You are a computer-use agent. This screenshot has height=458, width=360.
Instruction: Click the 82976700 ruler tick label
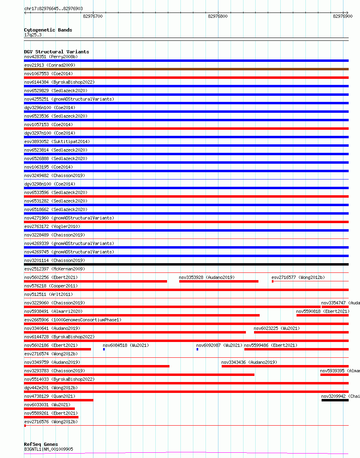point(93,16)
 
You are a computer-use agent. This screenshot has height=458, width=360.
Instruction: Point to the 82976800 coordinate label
point(218,16)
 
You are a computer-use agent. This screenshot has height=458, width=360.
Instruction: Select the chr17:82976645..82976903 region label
point(53,8)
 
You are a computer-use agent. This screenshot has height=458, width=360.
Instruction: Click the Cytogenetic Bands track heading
point(48,30)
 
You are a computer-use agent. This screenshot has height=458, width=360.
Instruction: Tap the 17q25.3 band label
point(33,35)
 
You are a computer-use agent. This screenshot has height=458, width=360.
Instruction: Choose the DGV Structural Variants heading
point(56,52)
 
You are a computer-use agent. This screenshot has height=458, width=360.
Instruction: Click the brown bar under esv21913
point(186,69)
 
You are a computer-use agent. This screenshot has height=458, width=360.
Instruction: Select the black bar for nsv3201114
point(186,264)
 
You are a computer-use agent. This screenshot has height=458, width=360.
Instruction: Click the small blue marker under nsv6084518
point(104,349)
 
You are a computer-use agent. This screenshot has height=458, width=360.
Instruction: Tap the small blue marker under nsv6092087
point(197,349)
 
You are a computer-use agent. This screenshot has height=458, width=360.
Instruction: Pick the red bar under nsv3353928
point(218,281)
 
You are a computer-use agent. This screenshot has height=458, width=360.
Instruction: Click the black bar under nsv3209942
point(335,400)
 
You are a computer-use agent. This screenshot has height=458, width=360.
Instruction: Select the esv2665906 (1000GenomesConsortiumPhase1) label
point(72,320)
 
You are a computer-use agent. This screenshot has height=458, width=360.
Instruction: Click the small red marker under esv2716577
point(273,281)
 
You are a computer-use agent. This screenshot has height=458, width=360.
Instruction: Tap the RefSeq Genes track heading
point(41,444)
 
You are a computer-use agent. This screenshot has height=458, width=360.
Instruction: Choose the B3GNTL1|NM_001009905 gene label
point(49,449)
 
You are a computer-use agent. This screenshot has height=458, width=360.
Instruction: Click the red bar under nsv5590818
point(322,315)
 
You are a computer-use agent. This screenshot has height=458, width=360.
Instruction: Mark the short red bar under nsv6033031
point(49,409)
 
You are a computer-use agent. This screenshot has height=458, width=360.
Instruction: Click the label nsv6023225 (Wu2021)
point(277,328)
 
